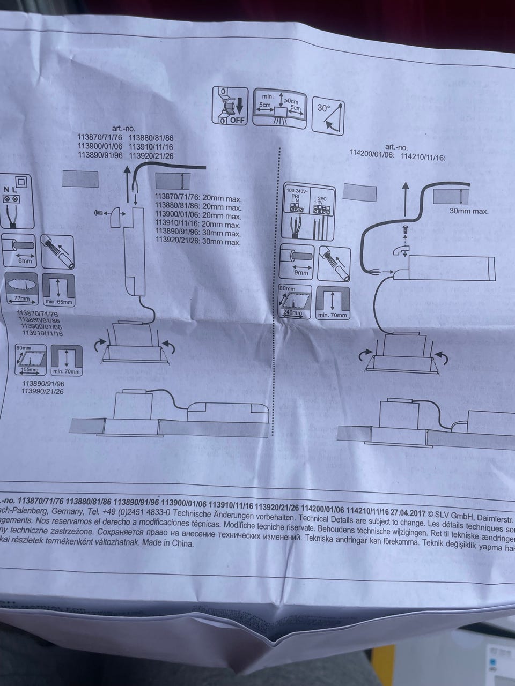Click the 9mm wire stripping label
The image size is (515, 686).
tap(301, 272)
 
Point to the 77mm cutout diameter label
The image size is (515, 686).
tap(21, 298)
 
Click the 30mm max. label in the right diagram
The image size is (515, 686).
tap(469, 211)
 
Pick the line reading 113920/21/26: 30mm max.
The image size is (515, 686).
tap(197, 242)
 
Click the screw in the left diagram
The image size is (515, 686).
tap(99, 213)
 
